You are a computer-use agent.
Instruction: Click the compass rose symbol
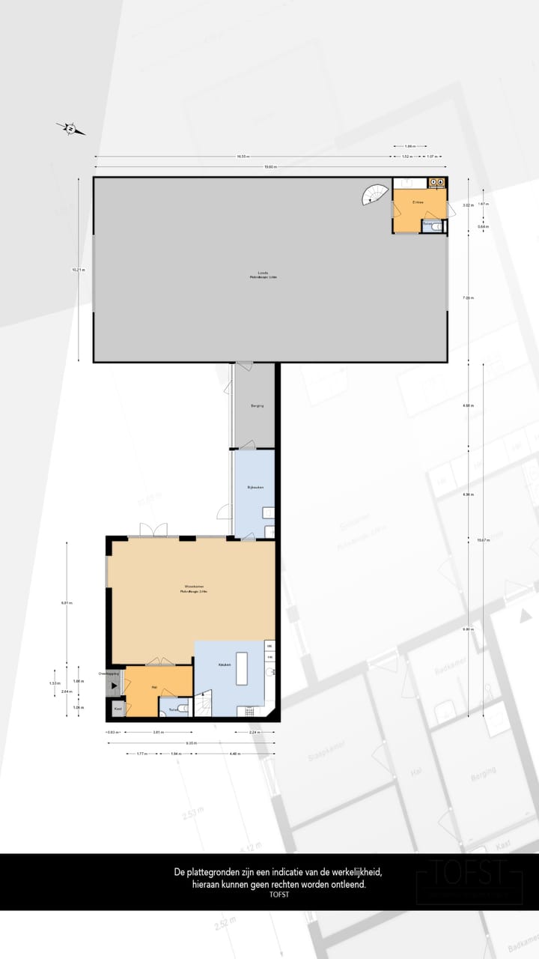70,129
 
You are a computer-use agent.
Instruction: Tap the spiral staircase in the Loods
377,195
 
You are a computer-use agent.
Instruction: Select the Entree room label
418,202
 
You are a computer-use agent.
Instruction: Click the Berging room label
258,405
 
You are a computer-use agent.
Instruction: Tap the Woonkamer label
194,586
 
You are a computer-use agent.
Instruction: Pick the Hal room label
154,687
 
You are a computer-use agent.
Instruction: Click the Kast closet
118,707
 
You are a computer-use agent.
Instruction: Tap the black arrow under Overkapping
114,685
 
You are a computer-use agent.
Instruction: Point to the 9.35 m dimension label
192,743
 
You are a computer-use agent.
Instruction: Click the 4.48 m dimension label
234,754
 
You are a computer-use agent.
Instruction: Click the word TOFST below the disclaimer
278,894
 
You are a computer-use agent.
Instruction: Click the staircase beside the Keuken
204,704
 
